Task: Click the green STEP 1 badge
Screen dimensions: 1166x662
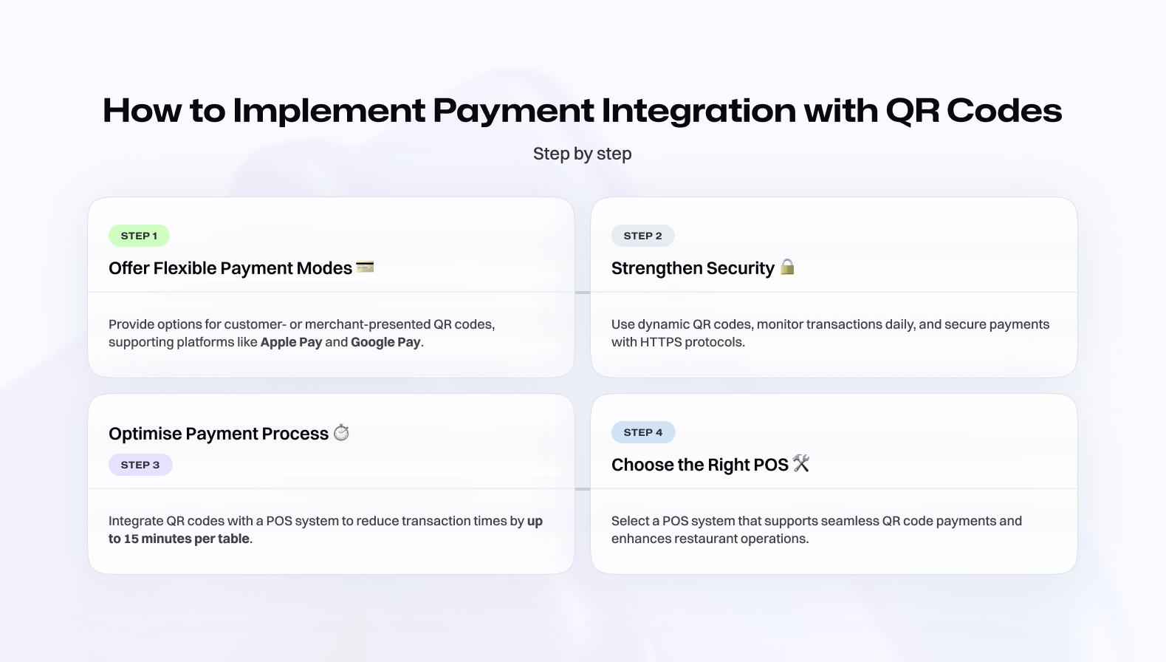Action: pyautogui.click(x=139, y=236)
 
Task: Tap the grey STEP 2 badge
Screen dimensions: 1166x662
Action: pyautogui.click(x=643, y=236)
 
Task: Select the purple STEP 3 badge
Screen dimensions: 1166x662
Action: pyautogui.click(x=140, y=465)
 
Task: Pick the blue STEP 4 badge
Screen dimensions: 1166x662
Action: pyautogui.click(x=643, y=432)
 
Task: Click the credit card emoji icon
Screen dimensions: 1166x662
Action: pyautogui.click(x=365, y=267)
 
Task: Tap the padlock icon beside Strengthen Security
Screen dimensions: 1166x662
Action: pyautogui.click(x=787, y=267)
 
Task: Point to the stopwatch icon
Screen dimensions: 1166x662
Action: pyautogui.click(x=341, y=432)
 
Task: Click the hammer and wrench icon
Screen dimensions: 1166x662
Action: pyautogui.click(x=801, y=463)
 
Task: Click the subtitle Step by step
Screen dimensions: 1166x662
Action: pyautogui.click(x=583, y=154)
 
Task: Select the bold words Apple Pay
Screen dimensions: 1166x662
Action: pyautogui.click(x=291, y=342)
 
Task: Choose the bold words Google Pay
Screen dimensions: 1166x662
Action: pyautogui.click(x=385, y=342)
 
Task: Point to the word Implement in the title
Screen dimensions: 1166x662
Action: pyautogui.click(x=329, y=110)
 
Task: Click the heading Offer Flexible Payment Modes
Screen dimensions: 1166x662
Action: pyautogui.click(x=230, y=268)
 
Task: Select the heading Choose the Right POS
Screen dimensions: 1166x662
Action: pyautogui.click(x=699, y=465)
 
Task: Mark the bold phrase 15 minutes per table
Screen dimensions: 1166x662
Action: pyautogui.click(x=186, y=539)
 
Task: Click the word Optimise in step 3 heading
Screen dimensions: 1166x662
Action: pyautogui.click(x=145, y=434)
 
